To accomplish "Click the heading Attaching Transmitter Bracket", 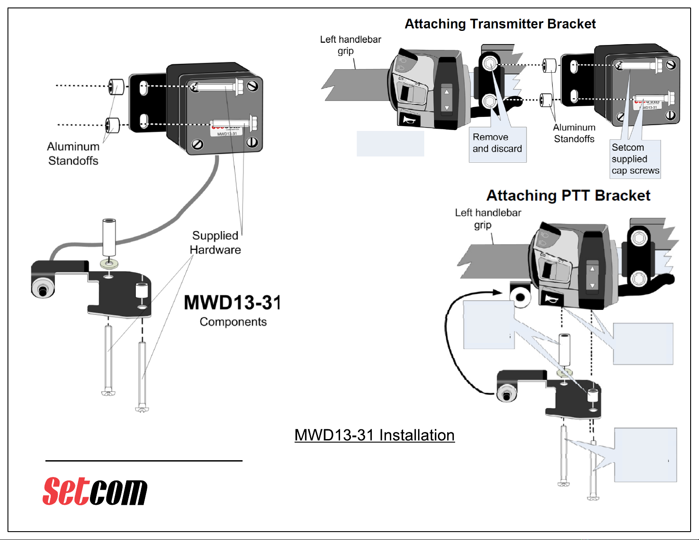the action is click(x=500, y=24).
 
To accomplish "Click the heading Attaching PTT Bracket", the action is click(x=568, y=195).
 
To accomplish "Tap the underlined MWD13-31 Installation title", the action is click(x=374, y=435).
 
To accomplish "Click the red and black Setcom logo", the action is click(x=95, y=491).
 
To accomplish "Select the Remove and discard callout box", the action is click(x=497, y=144).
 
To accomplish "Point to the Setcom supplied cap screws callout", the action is click(x=635, y=159).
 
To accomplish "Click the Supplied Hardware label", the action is click(x=215, y=243).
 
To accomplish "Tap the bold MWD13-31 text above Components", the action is click(x=232, y=302).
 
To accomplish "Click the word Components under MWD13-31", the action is click(x=233, y=322).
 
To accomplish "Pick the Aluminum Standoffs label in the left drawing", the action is click(x=73, y=154).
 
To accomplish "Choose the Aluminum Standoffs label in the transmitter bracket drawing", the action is click(x=574, y=133).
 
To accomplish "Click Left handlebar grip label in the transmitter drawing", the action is click(x=350, y=45).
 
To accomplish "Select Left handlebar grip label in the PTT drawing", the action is click(x=488, y=219).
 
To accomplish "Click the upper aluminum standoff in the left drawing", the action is click(x=116, y=86).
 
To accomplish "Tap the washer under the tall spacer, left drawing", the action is click(x=109, y=264).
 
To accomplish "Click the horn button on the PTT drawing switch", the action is click(x=552, y=298).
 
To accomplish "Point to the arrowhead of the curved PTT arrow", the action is click(x=497, y=292).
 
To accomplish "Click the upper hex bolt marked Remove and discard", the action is click(x=490, y=63).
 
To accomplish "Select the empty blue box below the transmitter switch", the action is click(x=390, y=144).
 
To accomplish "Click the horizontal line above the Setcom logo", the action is click(x=144, y=461).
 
